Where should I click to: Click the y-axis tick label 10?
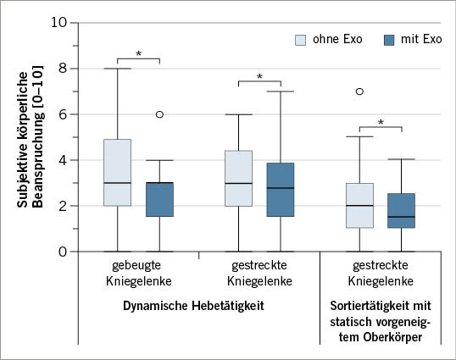point(57,23)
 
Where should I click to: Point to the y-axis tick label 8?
point(61,69)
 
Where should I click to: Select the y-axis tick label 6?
point(61,114)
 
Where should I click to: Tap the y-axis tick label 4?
point(61,160)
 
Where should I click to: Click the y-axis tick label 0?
point(61,252)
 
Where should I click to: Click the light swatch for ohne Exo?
point(301,40)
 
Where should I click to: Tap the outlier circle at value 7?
point(360,91)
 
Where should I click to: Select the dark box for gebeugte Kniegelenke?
point(158,199)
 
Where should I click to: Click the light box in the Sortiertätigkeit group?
point(360,205)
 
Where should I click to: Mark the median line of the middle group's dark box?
point(280,188)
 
